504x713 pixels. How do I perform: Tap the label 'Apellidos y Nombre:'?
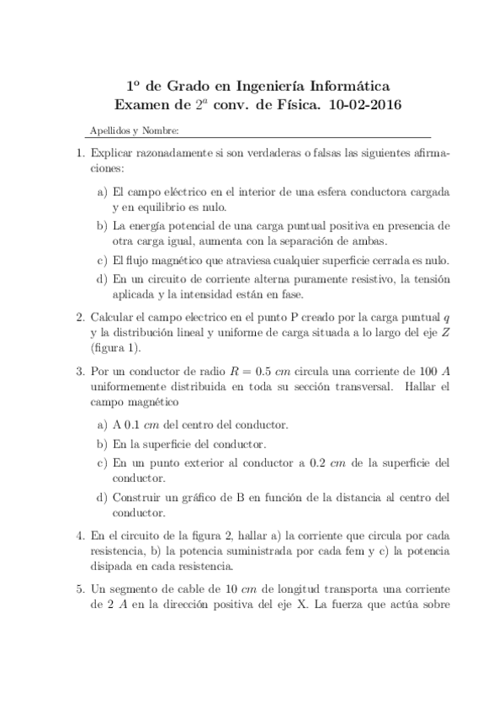pyautogui.click(x=134, y=131)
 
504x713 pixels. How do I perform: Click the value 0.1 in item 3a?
pyautogui.click(x=132, y=425)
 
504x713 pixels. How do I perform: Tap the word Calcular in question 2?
pyautogui.click(x=112, y=317)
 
